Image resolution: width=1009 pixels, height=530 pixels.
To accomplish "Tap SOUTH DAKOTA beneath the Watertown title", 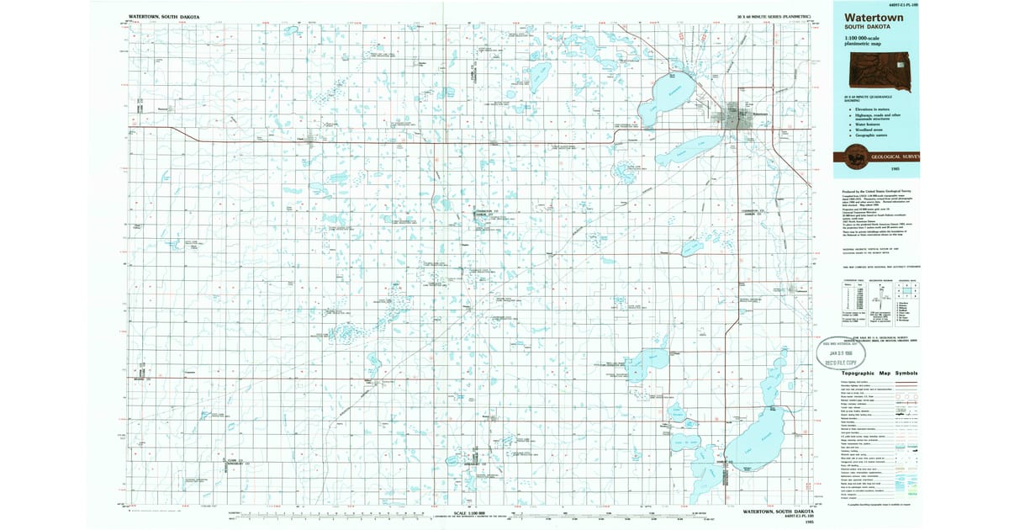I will [864, 27].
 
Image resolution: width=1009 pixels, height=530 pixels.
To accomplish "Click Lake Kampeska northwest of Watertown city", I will [668, 93].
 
